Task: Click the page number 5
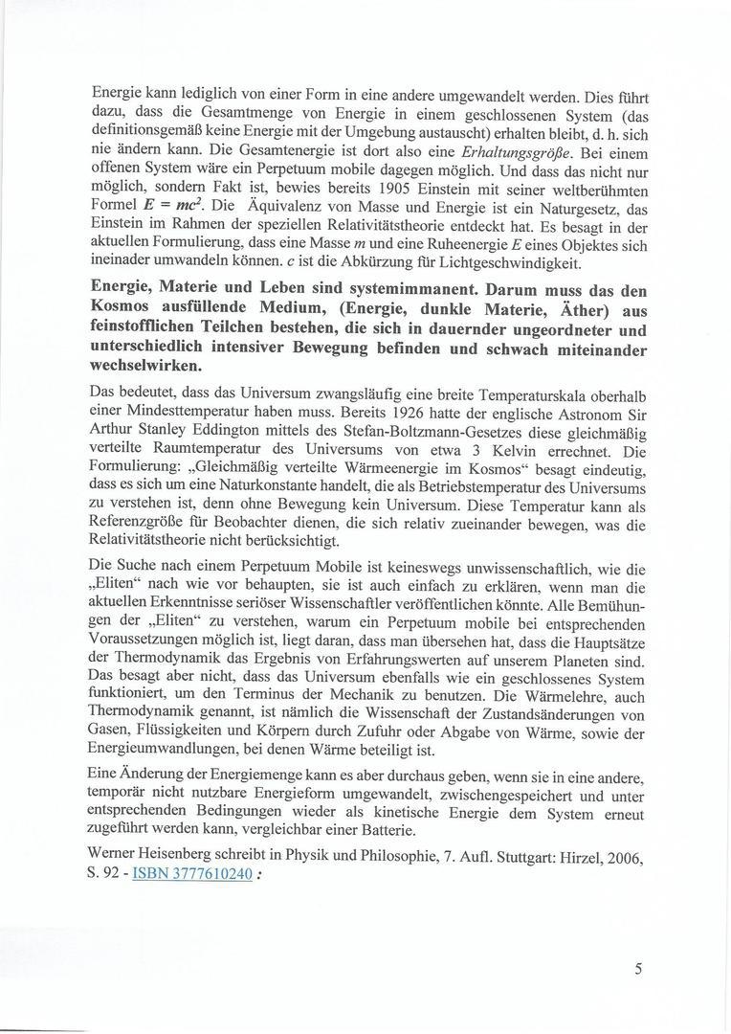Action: click(x=637, y=968)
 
